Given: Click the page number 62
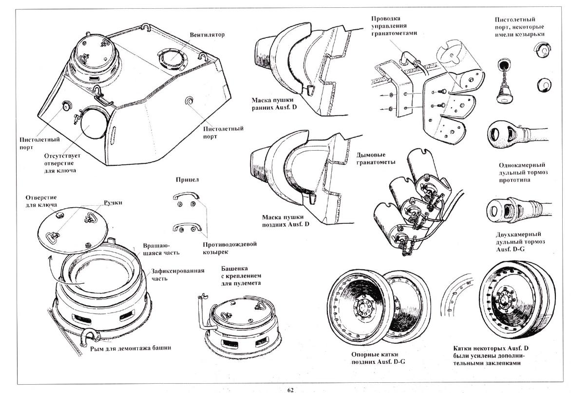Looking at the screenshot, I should click(x=290, y=389).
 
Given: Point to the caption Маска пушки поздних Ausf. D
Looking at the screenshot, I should click(x=285, y=220).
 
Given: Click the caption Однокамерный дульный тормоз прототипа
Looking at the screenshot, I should click(x=522, y=173).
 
